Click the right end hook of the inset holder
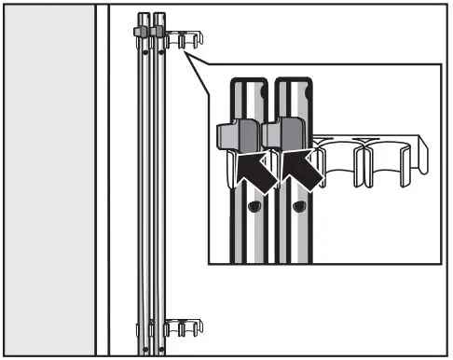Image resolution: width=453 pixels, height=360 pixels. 423,154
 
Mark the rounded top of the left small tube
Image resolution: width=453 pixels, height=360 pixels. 143,15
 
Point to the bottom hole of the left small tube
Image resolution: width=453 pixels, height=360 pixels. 145,350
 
